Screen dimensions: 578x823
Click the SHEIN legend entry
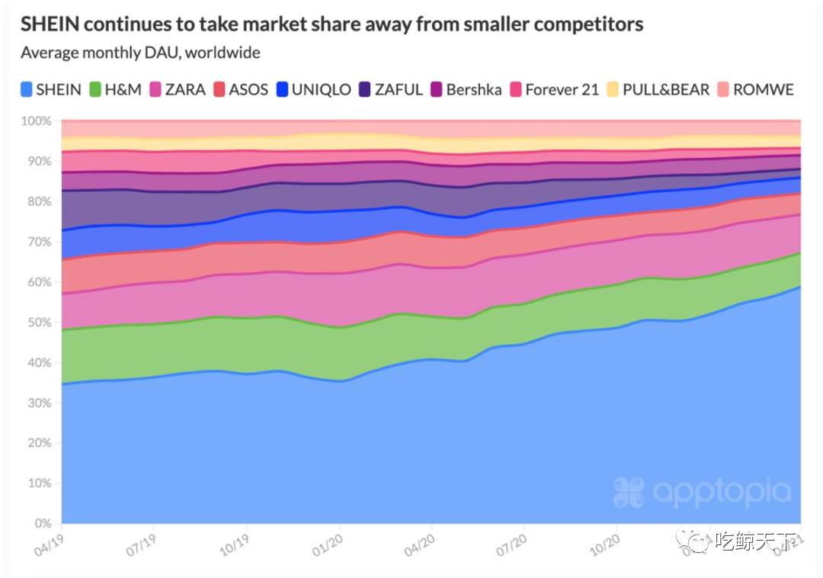[51, 90]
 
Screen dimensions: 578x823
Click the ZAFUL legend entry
[390, 90]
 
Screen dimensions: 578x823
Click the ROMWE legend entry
[756, 90]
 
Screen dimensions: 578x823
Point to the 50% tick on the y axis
[37, 323]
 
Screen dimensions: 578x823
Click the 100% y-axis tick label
[35, 121]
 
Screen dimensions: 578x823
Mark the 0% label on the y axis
[40, 524]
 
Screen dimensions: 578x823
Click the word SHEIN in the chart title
[50, 24]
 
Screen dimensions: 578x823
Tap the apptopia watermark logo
[702, 493]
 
